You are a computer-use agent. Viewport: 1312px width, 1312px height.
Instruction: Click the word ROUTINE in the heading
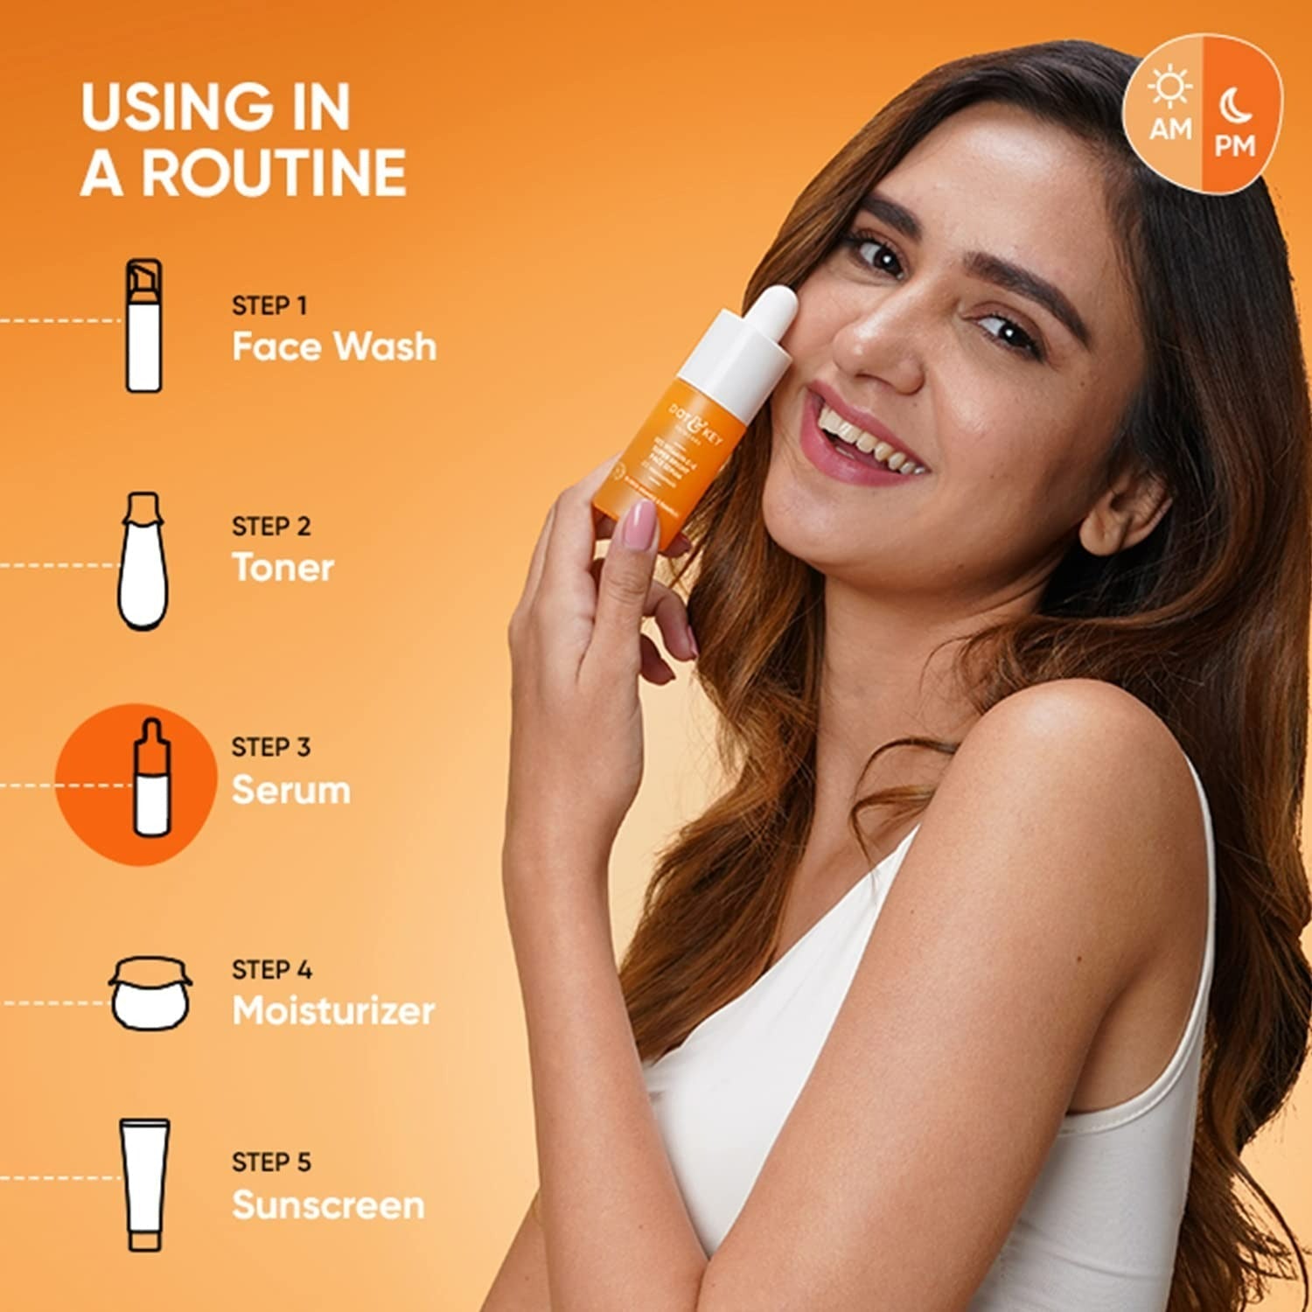(x=274, y=172)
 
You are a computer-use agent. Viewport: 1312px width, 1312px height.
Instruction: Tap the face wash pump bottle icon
(x=143, y=325)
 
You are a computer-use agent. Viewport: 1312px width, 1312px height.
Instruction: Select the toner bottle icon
(x=143, y=561)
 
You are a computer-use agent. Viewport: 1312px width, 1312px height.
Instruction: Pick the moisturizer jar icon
(x=150, y=994)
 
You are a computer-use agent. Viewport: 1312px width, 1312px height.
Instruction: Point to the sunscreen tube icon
(x=145, y=1183)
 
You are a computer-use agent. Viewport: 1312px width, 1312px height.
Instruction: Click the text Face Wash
(x=333, y=346)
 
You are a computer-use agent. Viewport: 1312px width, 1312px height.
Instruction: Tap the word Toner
(x=283, y=568)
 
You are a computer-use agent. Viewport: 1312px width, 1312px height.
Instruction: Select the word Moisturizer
(x=333, y=1011)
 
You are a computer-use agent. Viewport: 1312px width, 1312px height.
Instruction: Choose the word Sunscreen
(x=328, y=1205)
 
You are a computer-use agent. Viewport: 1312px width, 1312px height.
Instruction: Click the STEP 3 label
(x=270, y=747)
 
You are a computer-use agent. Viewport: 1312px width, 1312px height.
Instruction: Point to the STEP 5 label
(x=271, y=1162)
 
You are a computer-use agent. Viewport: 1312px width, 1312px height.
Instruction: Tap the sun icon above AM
(x=1169, y=87)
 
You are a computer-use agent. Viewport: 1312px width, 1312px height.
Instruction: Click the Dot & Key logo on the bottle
(x=695, y=426)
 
